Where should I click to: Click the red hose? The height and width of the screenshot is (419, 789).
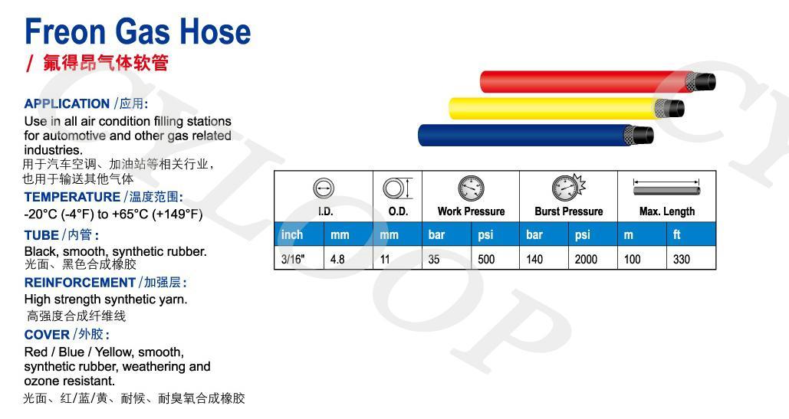[x=597, y=82]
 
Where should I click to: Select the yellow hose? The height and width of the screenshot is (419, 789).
[x=566, y=108]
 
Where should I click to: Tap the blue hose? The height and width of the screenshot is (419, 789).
[x=535, y=135]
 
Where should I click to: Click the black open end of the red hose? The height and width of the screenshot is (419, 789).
[x=706, y=82]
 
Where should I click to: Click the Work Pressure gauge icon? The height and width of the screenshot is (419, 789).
[x=471, y=188]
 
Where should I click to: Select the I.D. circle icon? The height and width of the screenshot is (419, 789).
[x=324, y=189]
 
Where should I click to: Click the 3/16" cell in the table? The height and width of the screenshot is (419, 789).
[x=294, y=259]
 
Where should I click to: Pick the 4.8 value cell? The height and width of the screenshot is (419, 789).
[x=337, y=259]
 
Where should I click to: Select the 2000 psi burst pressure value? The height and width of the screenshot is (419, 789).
[x=586, y=259]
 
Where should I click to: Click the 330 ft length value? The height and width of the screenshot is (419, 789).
[x=682, y=259]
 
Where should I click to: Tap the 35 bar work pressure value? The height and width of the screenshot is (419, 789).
[x=434, y=259]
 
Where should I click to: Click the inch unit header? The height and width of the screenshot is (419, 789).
[x=292, y=234]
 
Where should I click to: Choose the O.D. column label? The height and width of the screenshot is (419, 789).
[x=398, y=211]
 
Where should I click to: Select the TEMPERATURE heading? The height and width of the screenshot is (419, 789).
[x=72, y=197]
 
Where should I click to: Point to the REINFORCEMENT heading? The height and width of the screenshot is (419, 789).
[x=80, y=283]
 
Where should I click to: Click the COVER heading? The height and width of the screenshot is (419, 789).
[x=47, y=335]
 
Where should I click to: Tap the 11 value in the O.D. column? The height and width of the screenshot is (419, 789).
[x=385, y=259]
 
